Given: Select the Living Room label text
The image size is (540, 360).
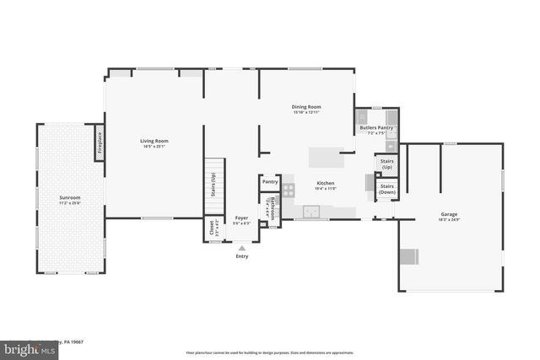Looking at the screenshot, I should pos(154,142).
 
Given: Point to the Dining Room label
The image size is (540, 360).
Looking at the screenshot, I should pos(307,109).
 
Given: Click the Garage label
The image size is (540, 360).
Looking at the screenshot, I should pos(449,215).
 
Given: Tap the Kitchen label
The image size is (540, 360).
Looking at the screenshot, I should pos(326,185).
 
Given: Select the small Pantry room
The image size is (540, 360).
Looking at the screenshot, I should pos(270,181).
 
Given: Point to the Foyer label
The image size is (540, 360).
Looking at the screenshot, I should pos(242,220).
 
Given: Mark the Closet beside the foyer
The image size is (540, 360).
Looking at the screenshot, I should pos(212,228).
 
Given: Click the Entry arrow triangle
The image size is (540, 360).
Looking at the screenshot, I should pos(242,248).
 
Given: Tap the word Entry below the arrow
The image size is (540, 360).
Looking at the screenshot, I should pos(242,257).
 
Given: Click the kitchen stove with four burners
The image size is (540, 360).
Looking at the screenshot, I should pos(289,191).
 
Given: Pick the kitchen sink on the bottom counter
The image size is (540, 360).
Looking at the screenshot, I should pos(312,216).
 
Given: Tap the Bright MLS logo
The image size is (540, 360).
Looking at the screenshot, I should pos(25,347).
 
